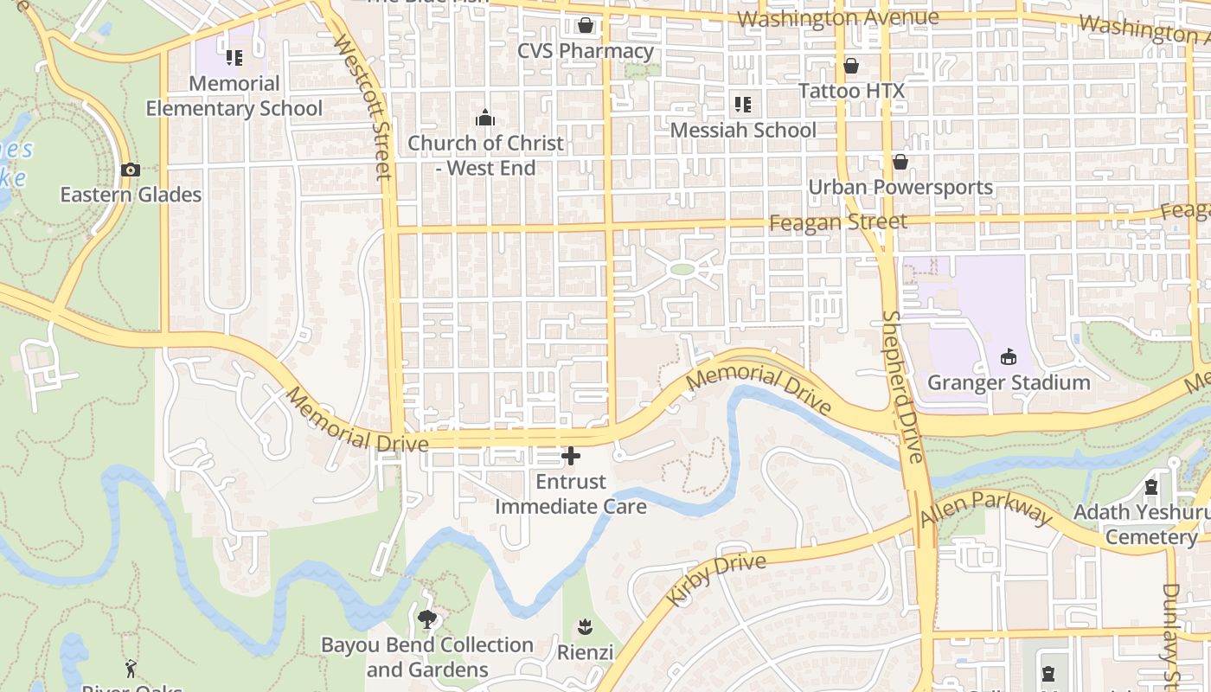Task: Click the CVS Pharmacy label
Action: click(x=586, y=51)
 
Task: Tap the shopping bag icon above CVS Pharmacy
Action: click(x=586, y=25)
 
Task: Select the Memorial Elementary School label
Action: click(x=234, y=96)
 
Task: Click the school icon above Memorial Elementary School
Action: click(x=234, y=58)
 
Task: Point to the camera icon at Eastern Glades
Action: click(x=131, y=170)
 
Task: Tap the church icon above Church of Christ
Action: click(x=485, y=118)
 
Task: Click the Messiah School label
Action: click(x=743, y=131)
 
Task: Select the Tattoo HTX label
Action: click(x=851, y=91)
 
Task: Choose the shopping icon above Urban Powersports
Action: click(x=900, y=162)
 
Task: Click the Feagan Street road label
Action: click(x=838, y=222)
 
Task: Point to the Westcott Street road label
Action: click(x=362, y=106)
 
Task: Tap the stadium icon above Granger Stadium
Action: click(x=1009, y=356)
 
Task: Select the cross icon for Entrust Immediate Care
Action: click(x=571, y=456)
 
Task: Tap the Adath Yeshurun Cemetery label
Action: click(x=1142, y=524)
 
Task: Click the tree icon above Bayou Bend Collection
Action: click(x=426, y=618)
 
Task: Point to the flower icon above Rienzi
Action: click(x=585, y=626)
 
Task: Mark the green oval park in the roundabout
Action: click(x=682, y=269)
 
